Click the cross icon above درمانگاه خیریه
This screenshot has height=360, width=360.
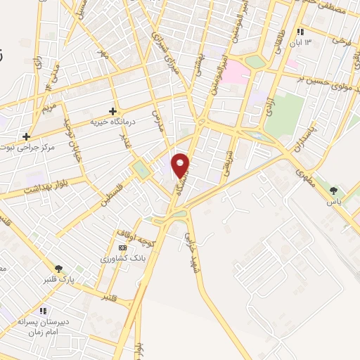(112, 110)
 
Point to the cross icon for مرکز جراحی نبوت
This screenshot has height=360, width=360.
(26, 136)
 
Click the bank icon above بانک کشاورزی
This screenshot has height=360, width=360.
(122, 248)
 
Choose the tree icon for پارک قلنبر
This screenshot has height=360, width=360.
(60, 268)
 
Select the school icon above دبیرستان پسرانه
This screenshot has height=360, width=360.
(44, 310)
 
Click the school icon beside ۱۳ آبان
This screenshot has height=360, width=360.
(300, 32)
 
